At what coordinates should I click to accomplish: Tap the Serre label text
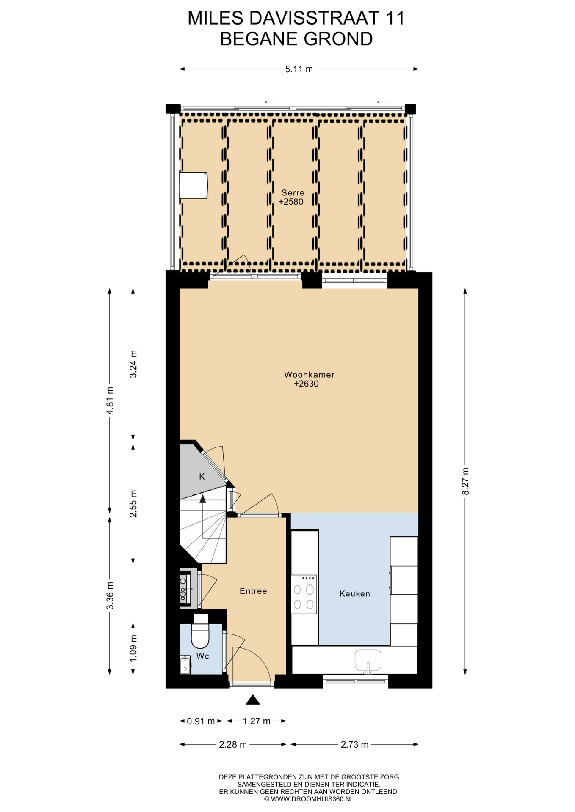tap(293, 193)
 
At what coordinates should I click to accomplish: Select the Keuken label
tap(355, 594)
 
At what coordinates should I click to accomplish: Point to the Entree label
tap(253, 591)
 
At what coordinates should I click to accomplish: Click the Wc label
tap(203, 656)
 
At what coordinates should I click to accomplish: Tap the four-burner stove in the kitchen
tap(304, 594)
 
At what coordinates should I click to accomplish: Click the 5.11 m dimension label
tap(299, 69)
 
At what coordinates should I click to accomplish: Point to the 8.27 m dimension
tap(465, 481)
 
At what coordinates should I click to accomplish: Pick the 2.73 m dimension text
tap(355, 745)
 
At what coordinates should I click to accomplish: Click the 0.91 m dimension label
tap(201, 721)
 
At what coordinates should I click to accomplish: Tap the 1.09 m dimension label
tap(133, 648)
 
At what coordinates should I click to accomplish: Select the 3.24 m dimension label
tap(133, 364)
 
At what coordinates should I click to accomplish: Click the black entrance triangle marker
tap(253, 700)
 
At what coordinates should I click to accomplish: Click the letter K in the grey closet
tap(202, 477)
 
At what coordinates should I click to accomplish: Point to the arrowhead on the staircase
tap(203, 499)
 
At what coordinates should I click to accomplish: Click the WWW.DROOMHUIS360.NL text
tap(312, 799)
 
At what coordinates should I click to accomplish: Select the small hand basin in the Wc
tap(185, 664)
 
